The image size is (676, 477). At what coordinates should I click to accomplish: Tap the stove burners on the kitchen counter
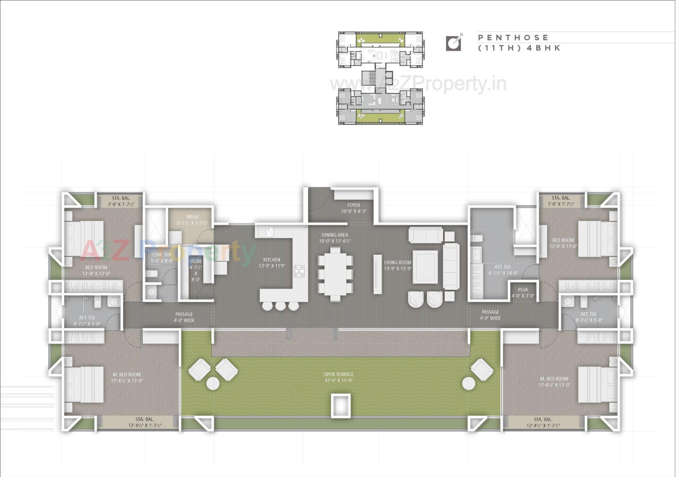(x=299, y=271)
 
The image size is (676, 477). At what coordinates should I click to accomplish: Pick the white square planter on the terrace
(x=340, y=406)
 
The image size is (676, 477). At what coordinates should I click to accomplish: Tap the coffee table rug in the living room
(x=425, y=266)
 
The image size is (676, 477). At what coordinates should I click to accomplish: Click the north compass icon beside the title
(x=454, y=43)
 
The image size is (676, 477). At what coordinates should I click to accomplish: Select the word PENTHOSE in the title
(x=513, y=38)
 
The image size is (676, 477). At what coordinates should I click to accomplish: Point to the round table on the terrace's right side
(x=468, y=383)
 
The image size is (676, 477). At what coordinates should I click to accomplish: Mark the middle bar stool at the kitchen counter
(x=280, y=306)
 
